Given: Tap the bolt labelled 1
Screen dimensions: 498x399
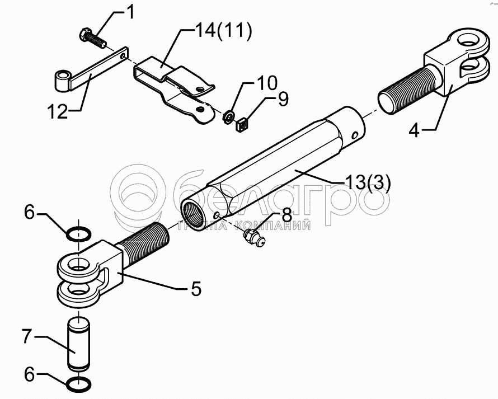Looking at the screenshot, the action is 93,37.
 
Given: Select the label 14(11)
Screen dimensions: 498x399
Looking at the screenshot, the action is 214,30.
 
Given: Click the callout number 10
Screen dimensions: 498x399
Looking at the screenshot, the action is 267,84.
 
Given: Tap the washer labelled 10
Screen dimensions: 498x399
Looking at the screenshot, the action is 228,116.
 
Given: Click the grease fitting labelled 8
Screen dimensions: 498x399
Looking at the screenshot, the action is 255,238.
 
